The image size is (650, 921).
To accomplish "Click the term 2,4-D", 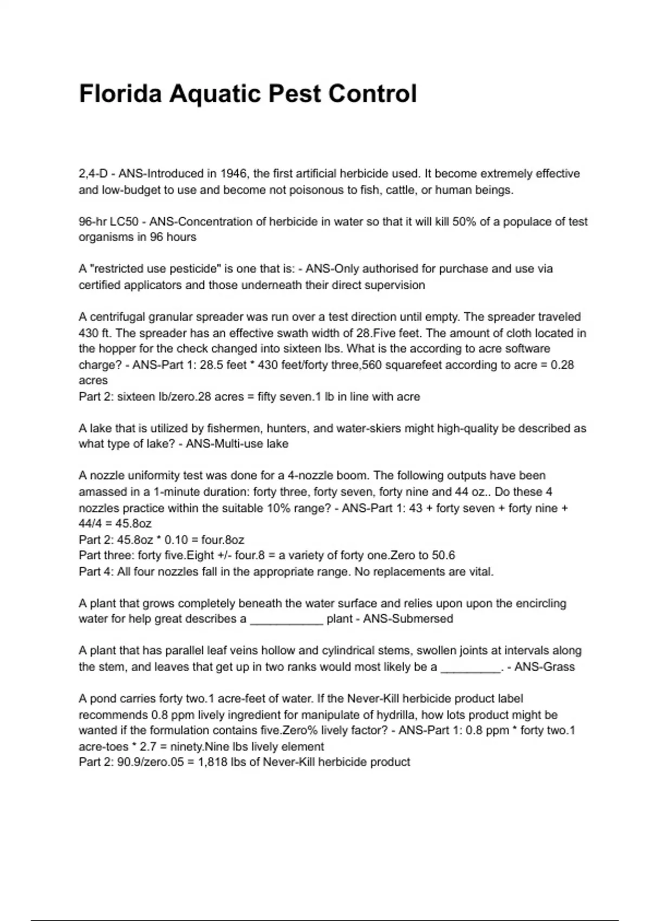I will pos(93,174).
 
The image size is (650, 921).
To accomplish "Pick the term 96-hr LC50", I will pos(108,222).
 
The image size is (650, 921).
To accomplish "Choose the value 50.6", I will pos(443,555).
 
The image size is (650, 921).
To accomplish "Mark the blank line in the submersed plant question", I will pos(287,619).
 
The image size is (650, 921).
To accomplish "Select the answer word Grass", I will pos(560,667).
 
